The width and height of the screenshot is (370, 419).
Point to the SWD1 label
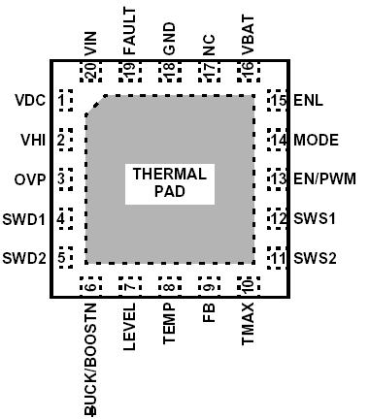point(24,219)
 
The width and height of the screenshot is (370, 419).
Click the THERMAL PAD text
point(169,182)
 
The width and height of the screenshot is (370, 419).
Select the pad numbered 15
point(280,100)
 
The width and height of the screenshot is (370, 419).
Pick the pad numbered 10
point(248,285)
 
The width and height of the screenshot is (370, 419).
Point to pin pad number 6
point(91,285)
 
